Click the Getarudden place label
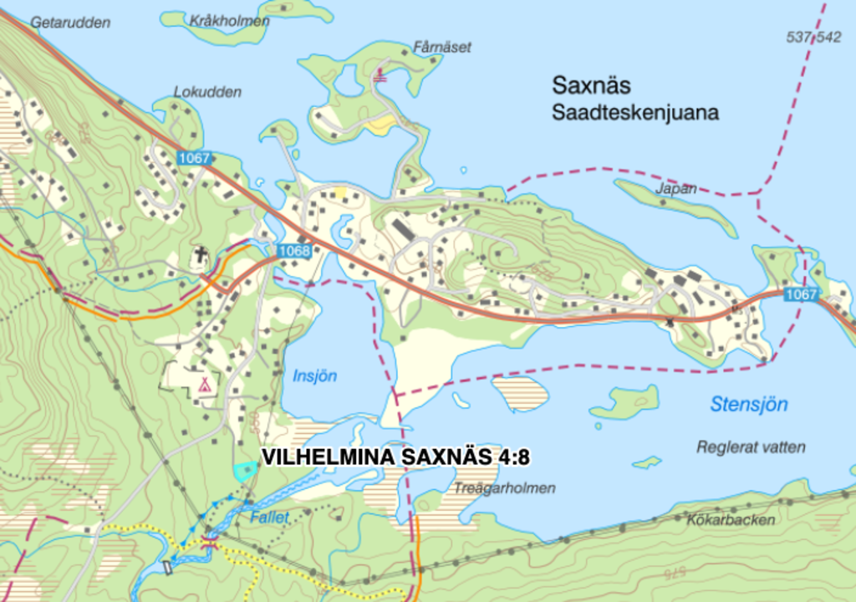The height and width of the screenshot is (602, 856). [x=70, y=23]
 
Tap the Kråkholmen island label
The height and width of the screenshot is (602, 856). [x=229, y=20]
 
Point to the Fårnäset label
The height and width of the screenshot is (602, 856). [x=441, y=47]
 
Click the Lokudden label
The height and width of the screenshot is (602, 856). [x=207, y=92]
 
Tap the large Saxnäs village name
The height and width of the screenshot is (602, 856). [x=591, y=85]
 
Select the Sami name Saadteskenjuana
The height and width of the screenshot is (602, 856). [x=634, y=113]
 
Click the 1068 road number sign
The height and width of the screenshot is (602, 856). [x=293, y=251]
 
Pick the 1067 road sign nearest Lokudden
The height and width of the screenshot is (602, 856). [x=194, y=157]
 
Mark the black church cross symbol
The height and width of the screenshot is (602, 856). [x=201, y=253]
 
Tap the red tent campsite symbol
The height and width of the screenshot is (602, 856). [x=202, y=385]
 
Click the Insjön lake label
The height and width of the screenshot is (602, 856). [x=314, y=376]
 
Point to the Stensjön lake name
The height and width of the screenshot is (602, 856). [x=749, y=405]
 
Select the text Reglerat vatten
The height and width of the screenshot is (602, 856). [x=751, y=447]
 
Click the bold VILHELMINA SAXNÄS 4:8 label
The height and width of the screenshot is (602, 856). [x=396, y=457]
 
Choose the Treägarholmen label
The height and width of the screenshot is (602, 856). [x=506, y=488]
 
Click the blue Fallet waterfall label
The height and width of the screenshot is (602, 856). [x=269, y=518]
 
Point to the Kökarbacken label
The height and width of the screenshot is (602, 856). [x=731, y=520]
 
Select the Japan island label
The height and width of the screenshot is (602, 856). [x=675, y=189]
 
